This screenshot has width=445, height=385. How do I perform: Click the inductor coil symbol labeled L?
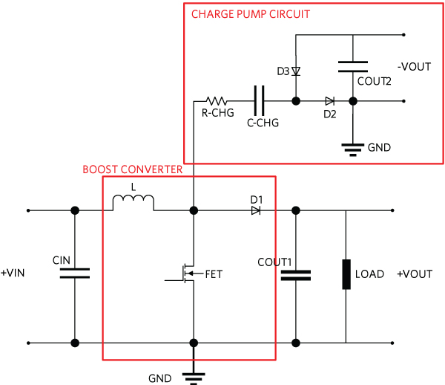133,203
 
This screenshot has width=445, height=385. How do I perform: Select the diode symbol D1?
256,211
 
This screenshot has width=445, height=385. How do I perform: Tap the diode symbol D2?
329,100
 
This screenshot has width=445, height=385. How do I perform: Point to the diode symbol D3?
296,72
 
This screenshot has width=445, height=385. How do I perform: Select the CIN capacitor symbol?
74,273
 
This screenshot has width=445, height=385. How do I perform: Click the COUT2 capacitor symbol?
353,66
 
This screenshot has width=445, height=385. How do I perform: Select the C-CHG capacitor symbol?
259,100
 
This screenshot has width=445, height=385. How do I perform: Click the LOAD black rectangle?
346,274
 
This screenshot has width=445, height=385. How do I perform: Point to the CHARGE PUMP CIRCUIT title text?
251,14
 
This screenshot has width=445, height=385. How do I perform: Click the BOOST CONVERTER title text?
132,169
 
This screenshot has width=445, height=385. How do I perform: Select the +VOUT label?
415,274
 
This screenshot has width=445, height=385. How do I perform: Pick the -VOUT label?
414,67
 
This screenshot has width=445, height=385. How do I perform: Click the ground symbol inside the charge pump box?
353,148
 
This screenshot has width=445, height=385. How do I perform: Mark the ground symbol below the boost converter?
194,376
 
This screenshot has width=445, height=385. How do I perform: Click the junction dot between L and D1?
194,211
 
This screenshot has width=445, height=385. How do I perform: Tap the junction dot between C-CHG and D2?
296,100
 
